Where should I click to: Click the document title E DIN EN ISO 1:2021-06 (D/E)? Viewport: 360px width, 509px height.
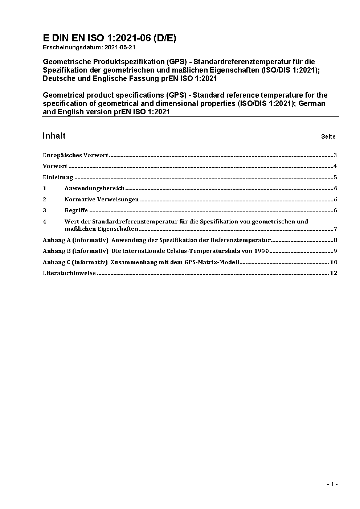[x=110, y=38]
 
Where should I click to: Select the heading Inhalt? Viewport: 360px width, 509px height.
[x=54, y=136]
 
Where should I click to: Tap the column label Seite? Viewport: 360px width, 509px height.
[x=328, y=137]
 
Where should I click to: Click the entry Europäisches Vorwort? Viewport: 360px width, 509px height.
[x=75, y=155]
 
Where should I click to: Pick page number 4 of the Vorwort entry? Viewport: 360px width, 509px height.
[x=335, y=166]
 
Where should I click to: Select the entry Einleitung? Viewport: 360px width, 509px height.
[x=58, y=177]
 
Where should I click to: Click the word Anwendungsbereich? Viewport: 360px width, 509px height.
[x=94, y=188]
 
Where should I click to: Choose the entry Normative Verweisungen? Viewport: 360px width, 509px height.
[x=102, y=199]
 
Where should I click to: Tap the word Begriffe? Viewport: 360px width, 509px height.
[x=76, y=210]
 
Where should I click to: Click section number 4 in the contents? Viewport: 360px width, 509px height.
[x=45, y=221]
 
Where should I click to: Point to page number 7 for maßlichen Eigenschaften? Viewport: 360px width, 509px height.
[x=336, y=229]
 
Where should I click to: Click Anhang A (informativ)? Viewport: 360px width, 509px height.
[x=75, y=240]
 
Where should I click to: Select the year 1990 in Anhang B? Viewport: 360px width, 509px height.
[x=261, y=251]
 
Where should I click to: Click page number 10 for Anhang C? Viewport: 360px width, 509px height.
[x=334, y=262]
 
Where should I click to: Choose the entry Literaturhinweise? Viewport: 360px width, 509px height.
[x=69, y=273]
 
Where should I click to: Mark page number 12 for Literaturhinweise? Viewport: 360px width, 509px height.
[x=334, y=273]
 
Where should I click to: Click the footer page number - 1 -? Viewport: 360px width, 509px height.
[x=332, y=484]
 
